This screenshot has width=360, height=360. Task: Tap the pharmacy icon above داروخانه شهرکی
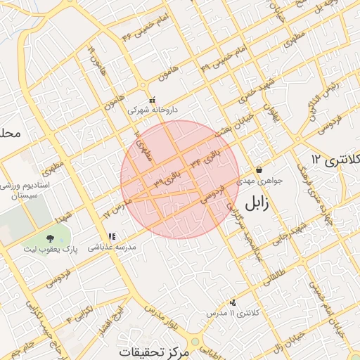(152, 101)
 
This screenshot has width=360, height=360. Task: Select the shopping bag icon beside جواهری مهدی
(259, 169)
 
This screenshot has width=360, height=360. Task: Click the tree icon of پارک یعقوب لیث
(49, 239)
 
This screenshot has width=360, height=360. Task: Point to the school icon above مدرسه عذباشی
(111, 237)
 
